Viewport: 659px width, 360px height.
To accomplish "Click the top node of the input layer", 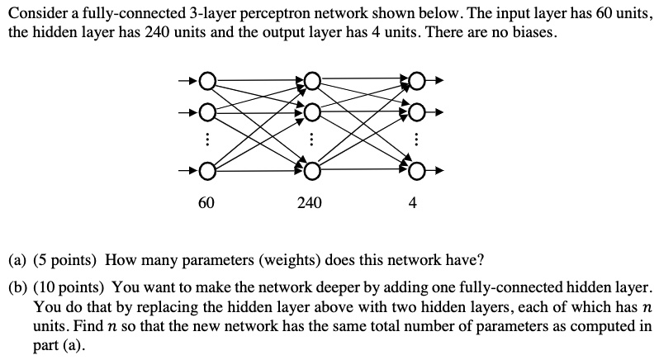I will point(206,81).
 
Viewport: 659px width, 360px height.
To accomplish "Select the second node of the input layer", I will point(206,111).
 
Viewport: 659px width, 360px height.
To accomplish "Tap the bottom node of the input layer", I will point(206,171).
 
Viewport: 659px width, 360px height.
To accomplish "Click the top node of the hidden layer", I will point(311,81).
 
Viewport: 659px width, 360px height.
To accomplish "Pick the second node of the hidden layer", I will point(311,111).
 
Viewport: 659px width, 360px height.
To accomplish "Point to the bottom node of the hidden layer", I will point(311,171).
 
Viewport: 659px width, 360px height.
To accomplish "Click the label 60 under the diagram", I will point(206,202).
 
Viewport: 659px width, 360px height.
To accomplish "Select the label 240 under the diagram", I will point(311,202).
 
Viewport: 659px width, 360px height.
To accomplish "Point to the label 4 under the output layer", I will point(414,202).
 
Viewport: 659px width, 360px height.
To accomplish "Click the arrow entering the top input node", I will point(188,81).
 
